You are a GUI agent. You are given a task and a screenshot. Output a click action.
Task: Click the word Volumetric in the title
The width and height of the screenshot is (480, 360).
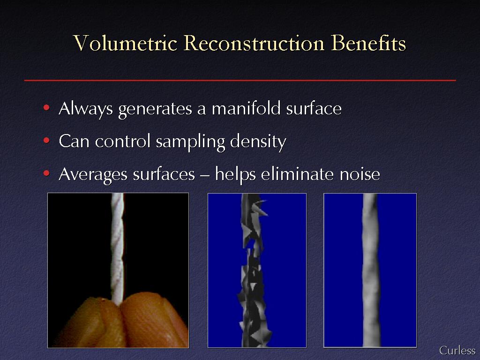tap(125, 43)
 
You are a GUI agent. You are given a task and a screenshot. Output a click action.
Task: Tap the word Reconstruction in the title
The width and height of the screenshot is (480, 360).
tap(254, 43)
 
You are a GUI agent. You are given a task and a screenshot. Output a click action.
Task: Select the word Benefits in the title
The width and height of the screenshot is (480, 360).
tap(368, 43)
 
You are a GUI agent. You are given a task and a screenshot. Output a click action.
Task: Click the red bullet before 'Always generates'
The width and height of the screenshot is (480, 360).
tap(46, 107)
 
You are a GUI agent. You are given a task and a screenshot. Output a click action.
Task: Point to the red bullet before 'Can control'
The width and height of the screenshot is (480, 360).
tap(46, 141)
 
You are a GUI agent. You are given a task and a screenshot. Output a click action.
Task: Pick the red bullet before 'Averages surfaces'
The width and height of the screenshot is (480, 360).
tap(46, 173)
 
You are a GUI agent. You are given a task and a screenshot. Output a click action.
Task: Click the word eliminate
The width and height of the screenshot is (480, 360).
tap(297, 174)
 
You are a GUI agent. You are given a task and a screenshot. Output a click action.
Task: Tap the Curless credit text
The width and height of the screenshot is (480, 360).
tap(457, 350)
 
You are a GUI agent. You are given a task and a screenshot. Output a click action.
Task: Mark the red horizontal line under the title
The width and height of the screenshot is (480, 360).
tap(240, 80)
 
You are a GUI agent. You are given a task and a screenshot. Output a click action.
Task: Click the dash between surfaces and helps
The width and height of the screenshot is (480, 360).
tap(205, 175)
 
